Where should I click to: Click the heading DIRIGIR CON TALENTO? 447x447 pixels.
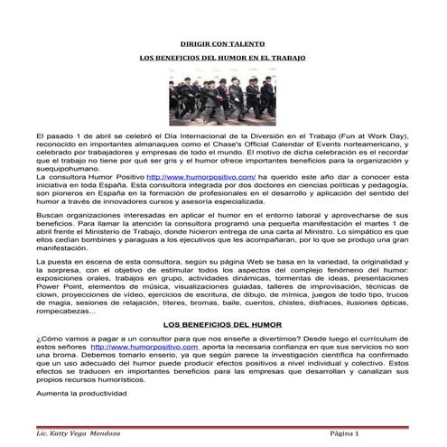click(x=222, y=42)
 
